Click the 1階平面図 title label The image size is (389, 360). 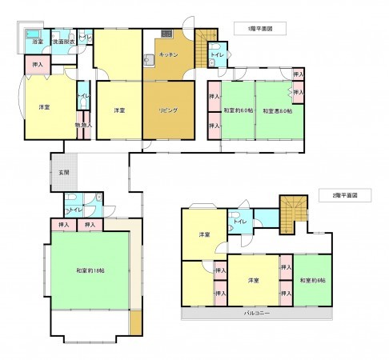261,28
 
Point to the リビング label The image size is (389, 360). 168,110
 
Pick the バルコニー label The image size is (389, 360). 256,314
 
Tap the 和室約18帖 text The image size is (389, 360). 90,270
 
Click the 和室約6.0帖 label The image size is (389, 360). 238,110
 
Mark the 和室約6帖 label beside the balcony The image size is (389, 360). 312,280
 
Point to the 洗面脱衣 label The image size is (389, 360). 63,41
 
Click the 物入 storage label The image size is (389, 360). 83,125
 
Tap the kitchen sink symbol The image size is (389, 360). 148,58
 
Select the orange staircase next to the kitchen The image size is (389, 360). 207,36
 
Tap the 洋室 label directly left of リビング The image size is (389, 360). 118,110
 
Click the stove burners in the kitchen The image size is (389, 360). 166,34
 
